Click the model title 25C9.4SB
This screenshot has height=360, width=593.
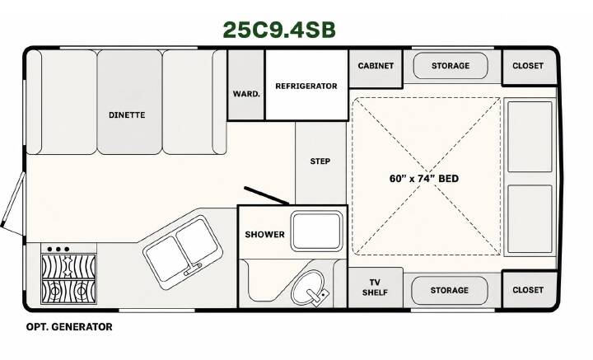click(x=279, y=30)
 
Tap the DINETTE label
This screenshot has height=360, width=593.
click(x=127, y=115)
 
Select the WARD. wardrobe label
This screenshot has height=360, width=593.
click(x=246, y=93)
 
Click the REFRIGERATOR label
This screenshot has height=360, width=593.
click(x=306, y=86)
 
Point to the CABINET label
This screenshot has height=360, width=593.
click(x=376, y=66)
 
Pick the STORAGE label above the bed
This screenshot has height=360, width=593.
click(x=451, y=66)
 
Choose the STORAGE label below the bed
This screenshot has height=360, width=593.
click(x=450, y=291)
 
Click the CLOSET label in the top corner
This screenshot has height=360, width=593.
click(x=528, y=66)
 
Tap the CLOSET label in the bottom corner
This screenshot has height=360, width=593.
click(x=528, y=290)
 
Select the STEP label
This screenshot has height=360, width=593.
click(x=320, y=161)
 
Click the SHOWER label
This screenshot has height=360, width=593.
click(x=264, y=235)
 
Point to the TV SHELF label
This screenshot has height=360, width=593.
click(x=375, y=288)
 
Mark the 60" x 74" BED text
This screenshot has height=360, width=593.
click(x=424, y=179)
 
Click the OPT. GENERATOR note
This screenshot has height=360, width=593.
click(x=69, y=327)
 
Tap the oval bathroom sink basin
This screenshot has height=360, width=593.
click(x=307, y=287)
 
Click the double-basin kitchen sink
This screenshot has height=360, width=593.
click(x=183, y=253)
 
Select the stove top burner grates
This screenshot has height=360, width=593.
click(x=68, y=279)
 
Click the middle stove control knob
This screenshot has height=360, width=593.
click(x=58, y=250)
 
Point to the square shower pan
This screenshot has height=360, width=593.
click(x=316, y=231)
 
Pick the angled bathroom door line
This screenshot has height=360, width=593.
click(x=266, y=195)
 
